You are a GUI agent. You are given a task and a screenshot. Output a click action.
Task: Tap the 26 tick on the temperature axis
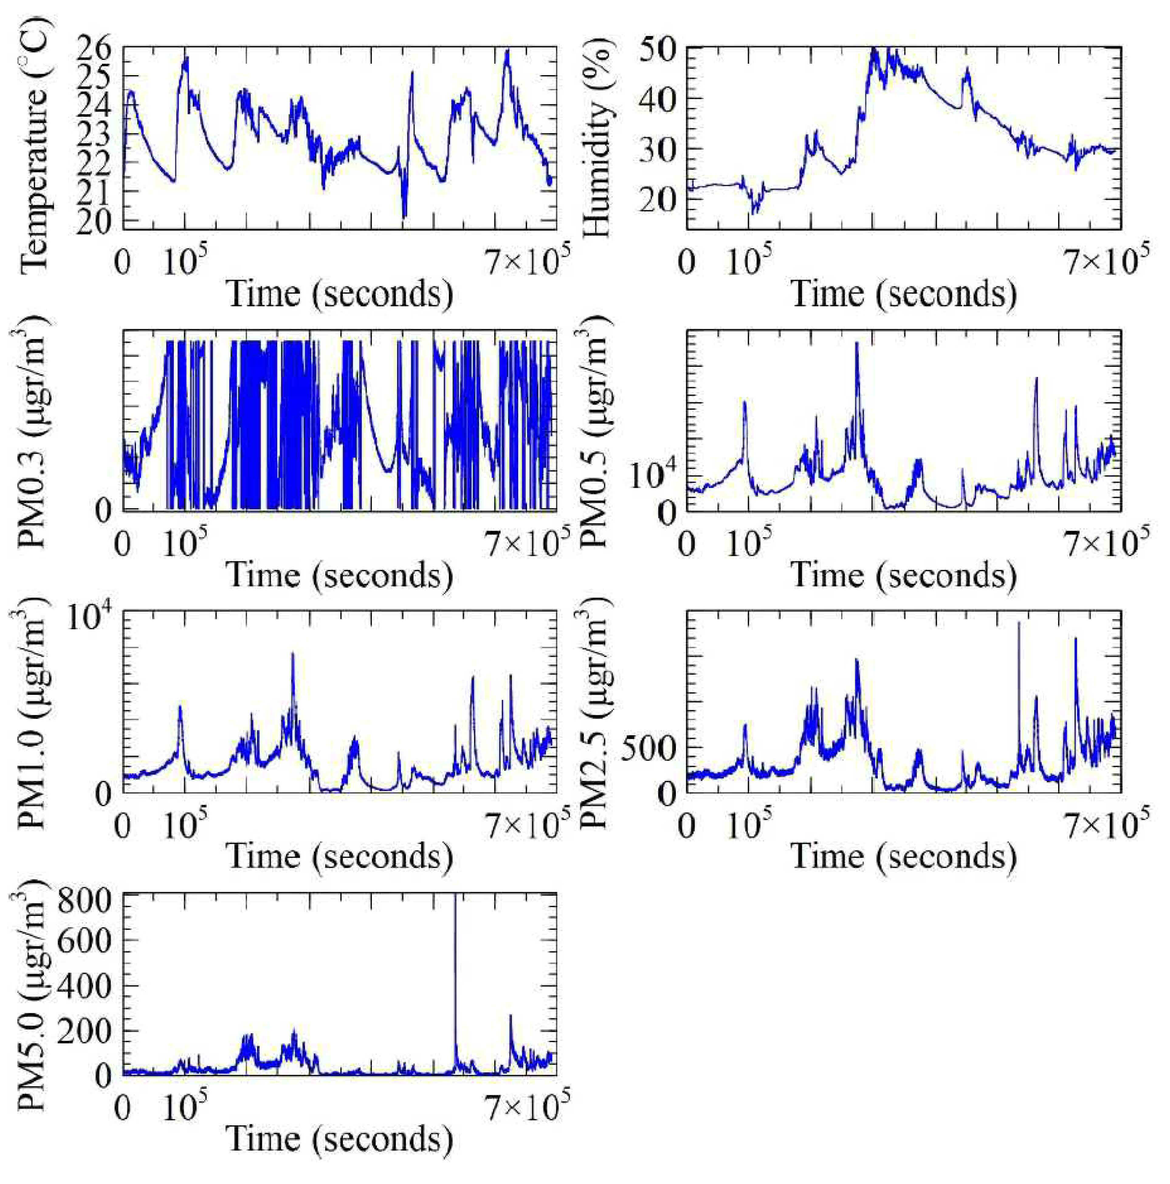95,49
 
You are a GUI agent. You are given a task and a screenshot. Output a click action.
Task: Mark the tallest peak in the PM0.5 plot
856,343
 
